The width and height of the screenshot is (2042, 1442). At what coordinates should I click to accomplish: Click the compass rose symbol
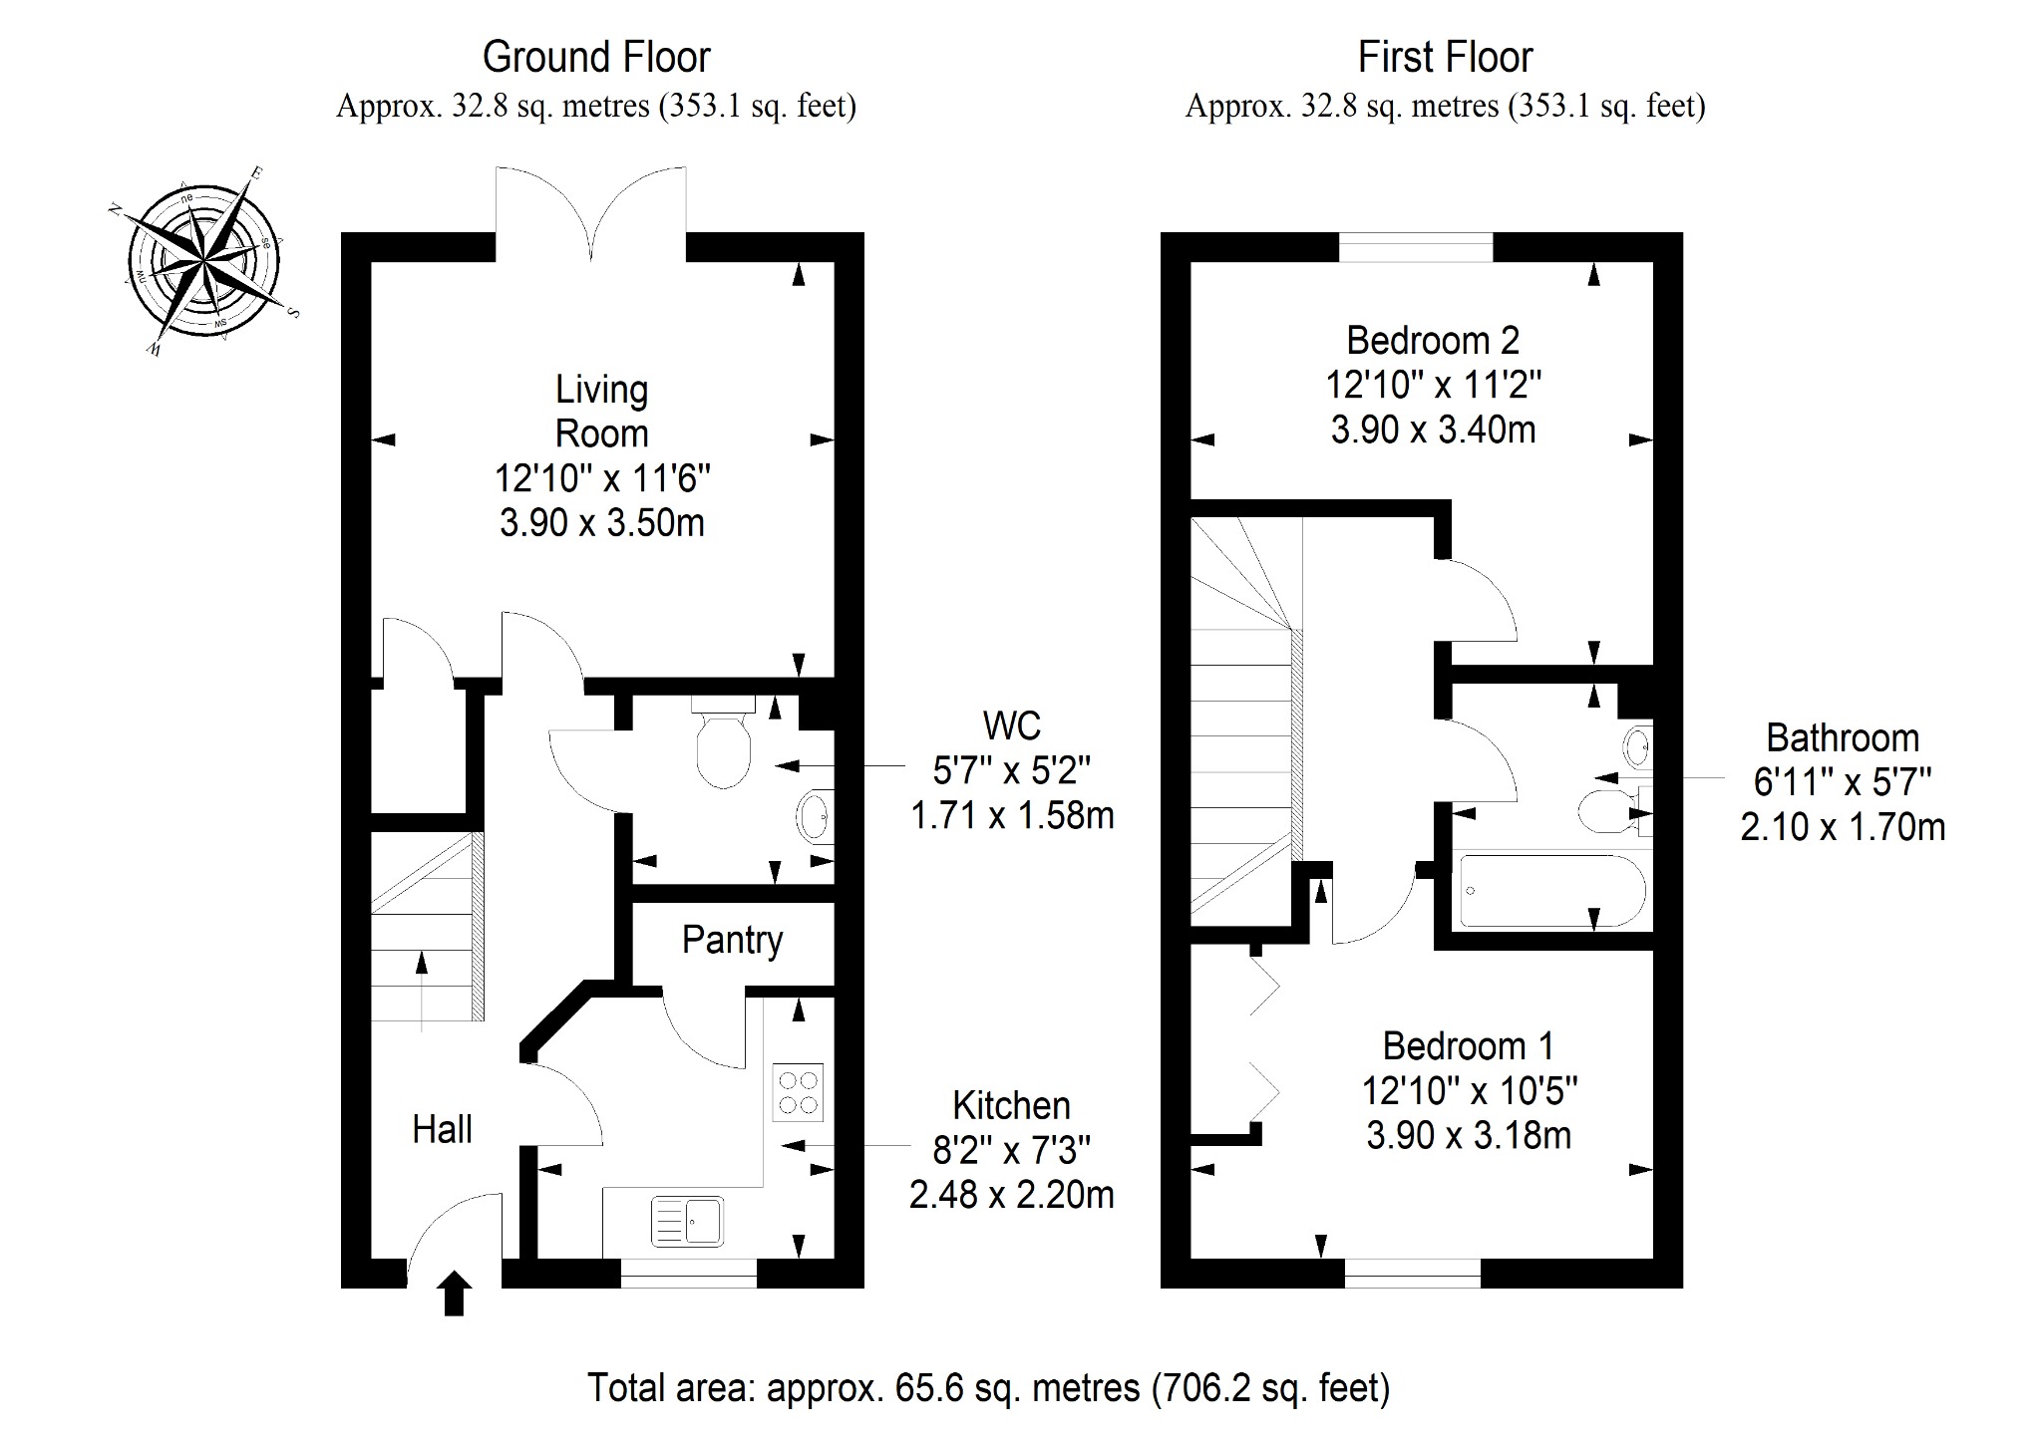pos(203,262)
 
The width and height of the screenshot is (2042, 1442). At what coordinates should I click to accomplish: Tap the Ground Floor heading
pos(596,58)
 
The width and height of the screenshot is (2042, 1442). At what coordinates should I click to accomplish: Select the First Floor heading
pos(1445,58)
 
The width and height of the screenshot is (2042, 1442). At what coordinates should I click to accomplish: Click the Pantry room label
pos(732,941)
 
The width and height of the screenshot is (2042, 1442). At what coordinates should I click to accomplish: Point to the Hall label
pos(442,1129)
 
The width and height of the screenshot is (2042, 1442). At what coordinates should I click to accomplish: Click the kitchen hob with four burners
pos(798,1092)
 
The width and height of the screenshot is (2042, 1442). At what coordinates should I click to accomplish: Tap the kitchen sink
pos(687,1221)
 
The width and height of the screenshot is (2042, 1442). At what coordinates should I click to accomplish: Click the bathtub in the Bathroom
pos(1550,889)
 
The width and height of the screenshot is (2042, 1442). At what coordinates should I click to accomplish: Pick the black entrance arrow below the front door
pos(454,1294)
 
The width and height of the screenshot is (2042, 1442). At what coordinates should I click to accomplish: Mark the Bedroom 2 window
pos(1416,247)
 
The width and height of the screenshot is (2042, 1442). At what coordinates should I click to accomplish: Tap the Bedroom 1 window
pos(1412,1273)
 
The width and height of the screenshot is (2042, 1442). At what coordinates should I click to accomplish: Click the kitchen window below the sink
pos(688,1273)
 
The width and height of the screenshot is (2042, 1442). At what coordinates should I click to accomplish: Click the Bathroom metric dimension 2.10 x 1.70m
pos(1843,827)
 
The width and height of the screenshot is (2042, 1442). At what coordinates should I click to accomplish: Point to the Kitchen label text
pos(1011,1106)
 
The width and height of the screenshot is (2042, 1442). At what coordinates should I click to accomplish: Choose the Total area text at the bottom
pos(988,1388)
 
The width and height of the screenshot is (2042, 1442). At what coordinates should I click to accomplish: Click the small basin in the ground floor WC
pos(814,817)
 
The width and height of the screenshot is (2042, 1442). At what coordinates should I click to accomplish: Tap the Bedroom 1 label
pos(1468,1046)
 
